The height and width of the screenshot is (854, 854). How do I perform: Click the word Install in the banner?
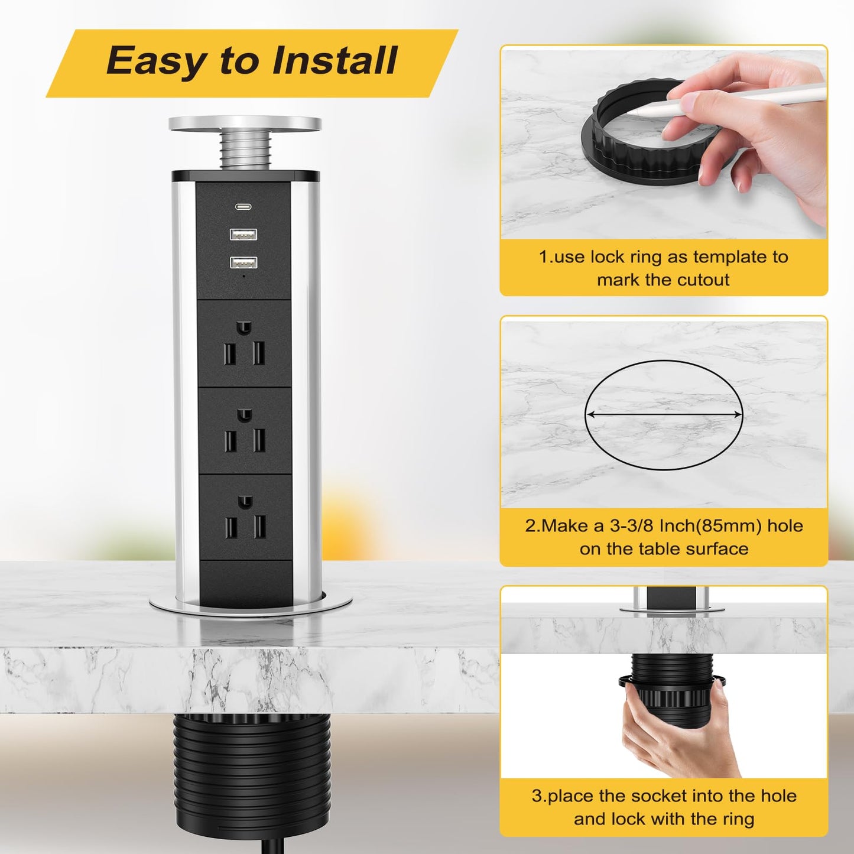click(334, 60)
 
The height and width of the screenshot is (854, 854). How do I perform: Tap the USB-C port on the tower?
click(243, 206)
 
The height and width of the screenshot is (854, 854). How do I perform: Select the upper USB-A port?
click(243, 233)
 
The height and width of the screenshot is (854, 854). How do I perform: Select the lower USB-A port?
click(243, 263)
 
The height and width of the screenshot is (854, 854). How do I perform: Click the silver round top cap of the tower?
click(245, 124)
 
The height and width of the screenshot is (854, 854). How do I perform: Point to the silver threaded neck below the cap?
click(245, 151)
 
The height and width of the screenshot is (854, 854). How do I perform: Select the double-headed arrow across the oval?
click(664, 415)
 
